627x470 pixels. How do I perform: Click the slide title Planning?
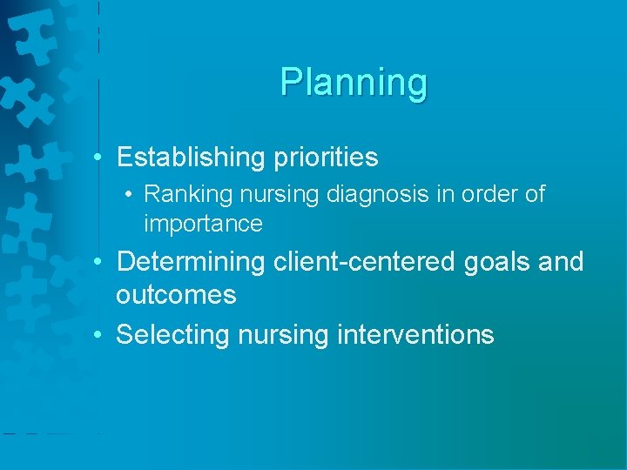click(354, 83)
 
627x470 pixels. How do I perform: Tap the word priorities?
click(324, 158)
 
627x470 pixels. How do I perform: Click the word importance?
click(203, 224)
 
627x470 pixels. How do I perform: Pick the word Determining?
click(189, 262)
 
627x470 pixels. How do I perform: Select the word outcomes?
click(176, 295)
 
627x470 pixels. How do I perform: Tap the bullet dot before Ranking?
click(129, 194)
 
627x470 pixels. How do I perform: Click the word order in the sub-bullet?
click(495, 194)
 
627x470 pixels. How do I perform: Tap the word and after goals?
click(561, 262)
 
